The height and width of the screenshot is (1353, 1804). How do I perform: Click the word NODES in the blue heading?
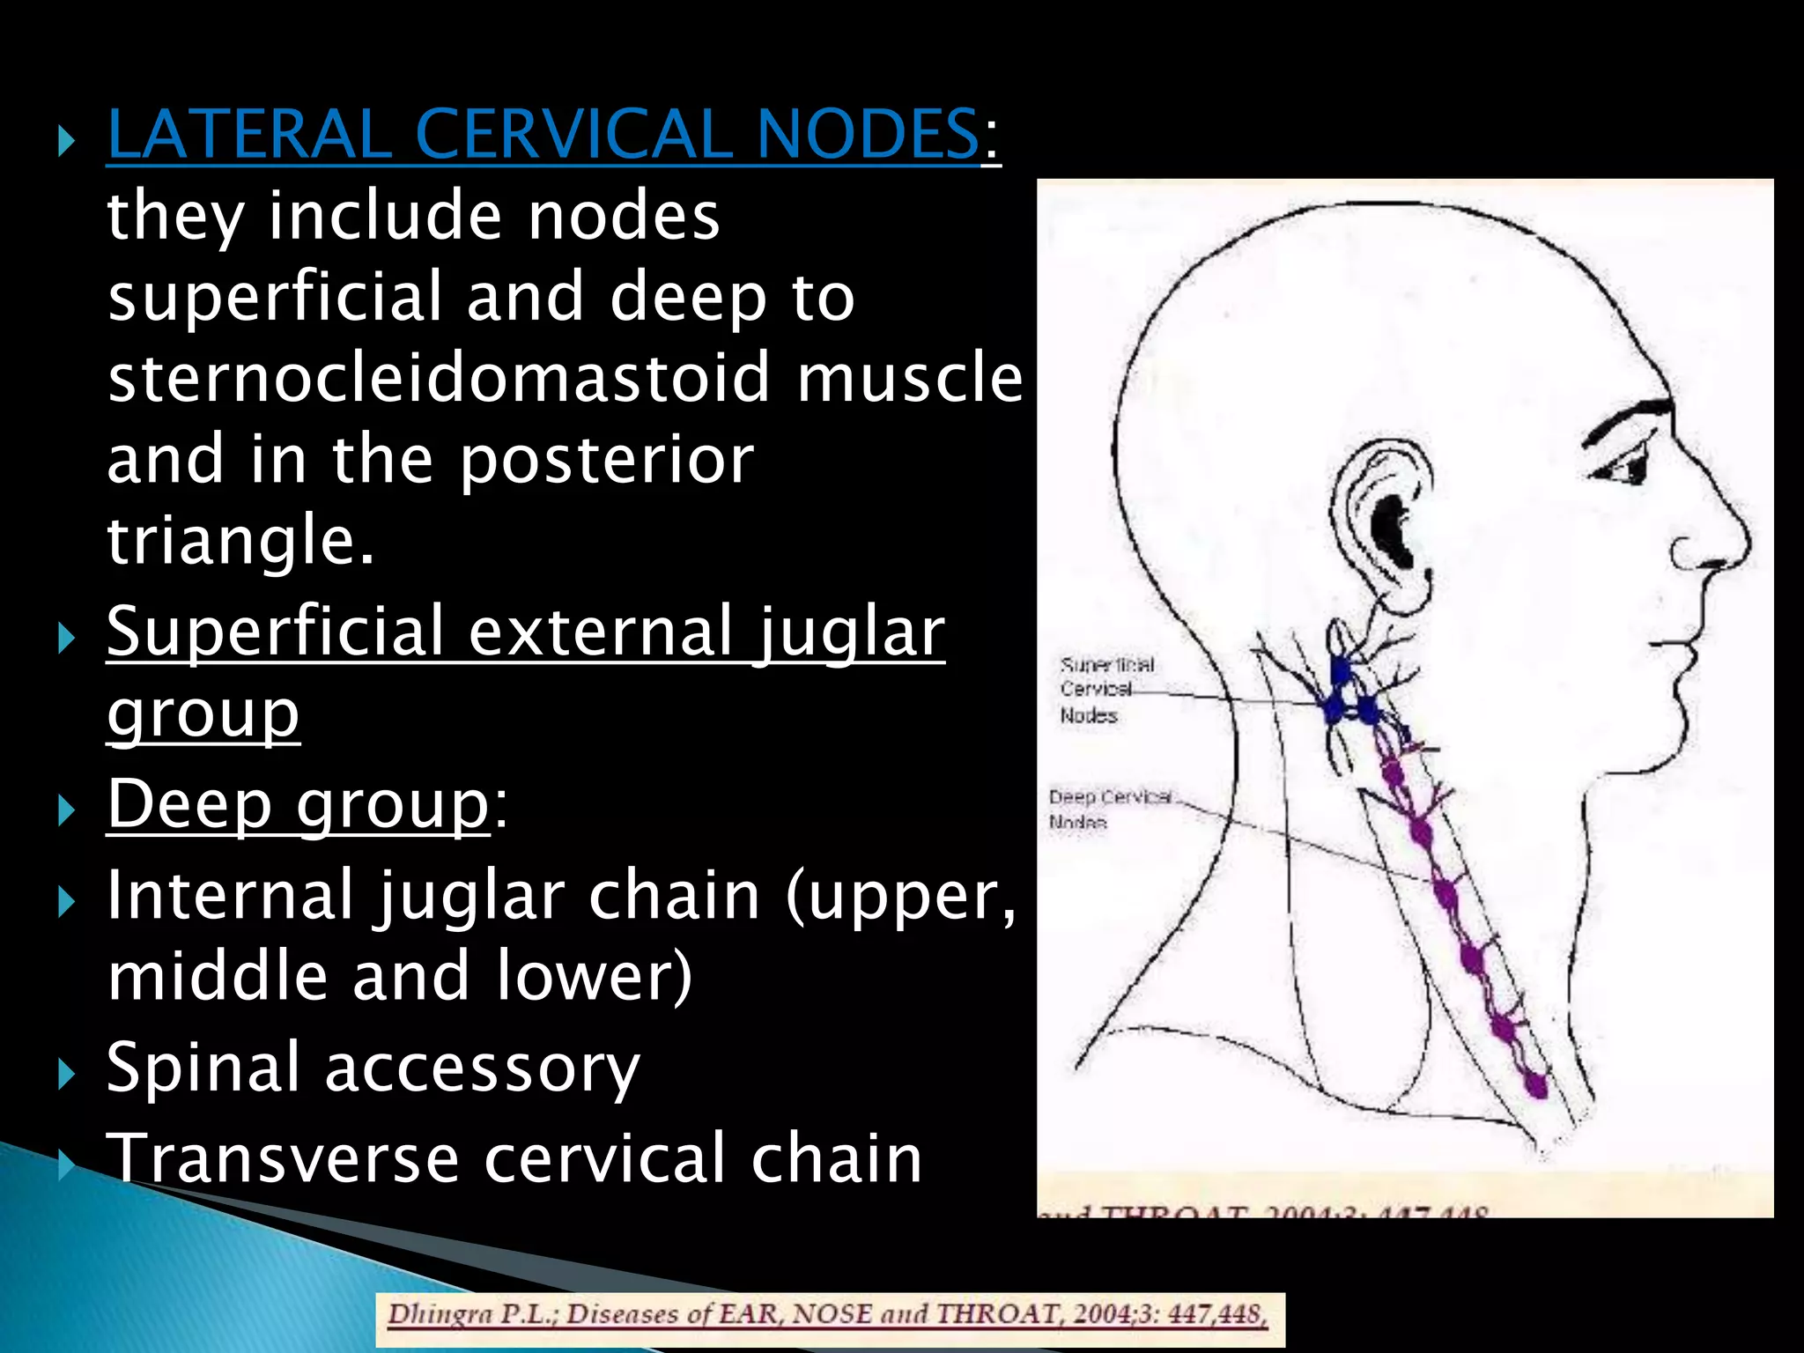[867, 135]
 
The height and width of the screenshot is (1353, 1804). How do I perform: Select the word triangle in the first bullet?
[240, 540]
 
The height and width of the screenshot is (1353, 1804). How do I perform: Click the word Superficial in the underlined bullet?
[275, 632]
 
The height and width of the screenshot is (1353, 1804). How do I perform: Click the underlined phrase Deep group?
[298, 804]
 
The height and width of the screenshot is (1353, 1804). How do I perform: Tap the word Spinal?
[203, 1068]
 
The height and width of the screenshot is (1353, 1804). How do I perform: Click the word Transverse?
[282, 1158]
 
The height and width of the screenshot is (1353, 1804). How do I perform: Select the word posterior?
[607, 460]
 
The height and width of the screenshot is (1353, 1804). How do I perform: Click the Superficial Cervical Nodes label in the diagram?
[1105, 690]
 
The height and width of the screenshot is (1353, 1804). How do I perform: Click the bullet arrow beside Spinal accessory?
[65, 1073]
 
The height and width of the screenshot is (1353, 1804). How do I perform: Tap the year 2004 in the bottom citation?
[1096, 1315]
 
